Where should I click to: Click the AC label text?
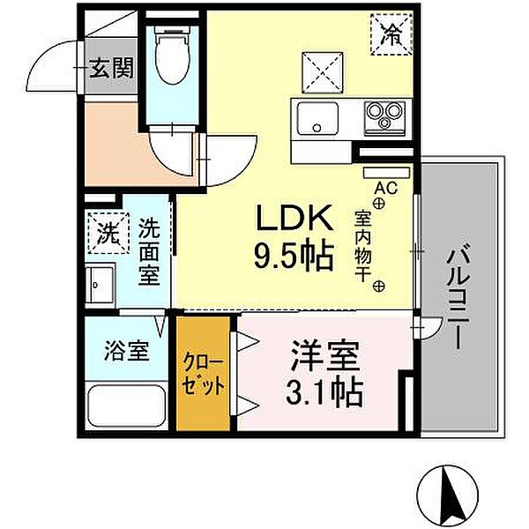(385, 188)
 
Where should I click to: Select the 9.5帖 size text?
(294, 257)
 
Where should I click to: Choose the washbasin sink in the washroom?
(102, 284)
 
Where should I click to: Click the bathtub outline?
(129, 407)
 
